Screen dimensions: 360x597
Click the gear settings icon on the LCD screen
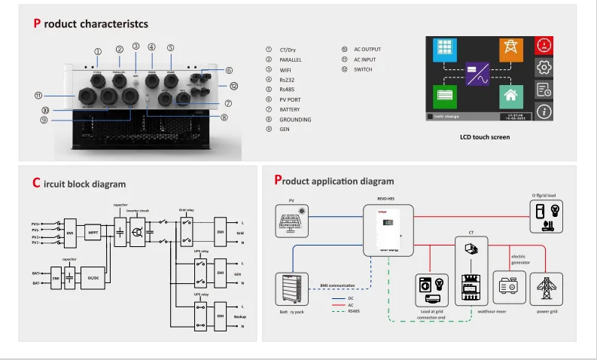pos(544,68)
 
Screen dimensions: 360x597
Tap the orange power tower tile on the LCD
pos(511,50)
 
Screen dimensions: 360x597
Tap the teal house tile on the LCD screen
pos(511,96)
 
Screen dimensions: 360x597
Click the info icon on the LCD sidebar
pos(544,111)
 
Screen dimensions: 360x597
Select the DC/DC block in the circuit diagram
pos(93,277)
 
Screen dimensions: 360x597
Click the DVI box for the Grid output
pos(221,228)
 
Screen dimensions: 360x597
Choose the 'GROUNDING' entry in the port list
pos(294,120)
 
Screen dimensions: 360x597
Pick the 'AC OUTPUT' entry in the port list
pos(367,49)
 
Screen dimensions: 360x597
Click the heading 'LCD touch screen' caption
pos(484,137)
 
